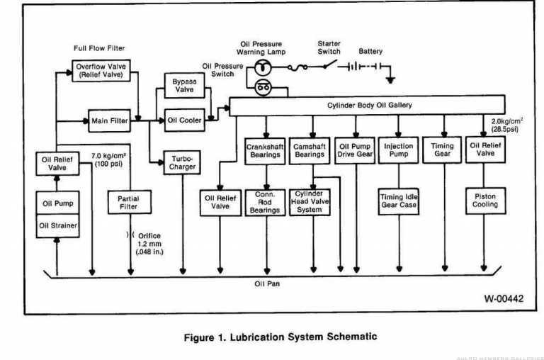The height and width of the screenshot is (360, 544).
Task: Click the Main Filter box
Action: pyautogui.click(x=109, y=121)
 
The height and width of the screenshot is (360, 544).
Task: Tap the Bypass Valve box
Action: pyautogui.click(x=183, y=86)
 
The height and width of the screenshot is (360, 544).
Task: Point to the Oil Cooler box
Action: pyautogui.click(x=183, y=120)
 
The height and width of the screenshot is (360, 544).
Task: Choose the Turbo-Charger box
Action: pyautogui.click(x=183, y=163)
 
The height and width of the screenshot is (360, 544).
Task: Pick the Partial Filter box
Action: pyautogui.click(x=129, y=203)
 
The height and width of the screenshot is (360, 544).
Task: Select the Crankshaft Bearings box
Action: pyautogui.click(x=265, y=150)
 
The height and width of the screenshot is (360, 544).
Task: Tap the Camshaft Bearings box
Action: pyautogui.click(x=310, y=150)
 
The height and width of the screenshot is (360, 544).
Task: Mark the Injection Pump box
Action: pyautogui.click(x=398, y=150)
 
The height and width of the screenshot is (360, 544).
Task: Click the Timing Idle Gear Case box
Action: pyautogui.click(x=398, y=201)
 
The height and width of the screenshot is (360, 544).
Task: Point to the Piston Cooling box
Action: pyautogui.click(x=486, y=200)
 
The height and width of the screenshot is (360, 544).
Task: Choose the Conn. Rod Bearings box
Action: pyautogui.click(x=265, y=201)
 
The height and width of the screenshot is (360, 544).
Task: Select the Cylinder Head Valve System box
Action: pyautogui.click(x=310, y=201)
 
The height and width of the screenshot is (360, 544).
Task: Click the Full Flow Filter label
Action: pyautogui.click(x=99, y=48)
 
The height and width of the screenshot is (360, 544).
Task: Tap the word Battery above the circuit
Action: pyautogui.click(x=370, y=52)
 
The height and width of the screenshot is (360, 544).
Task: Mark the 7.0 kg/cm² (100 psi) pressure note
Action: pyautogui.click(x=108, y=159)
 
